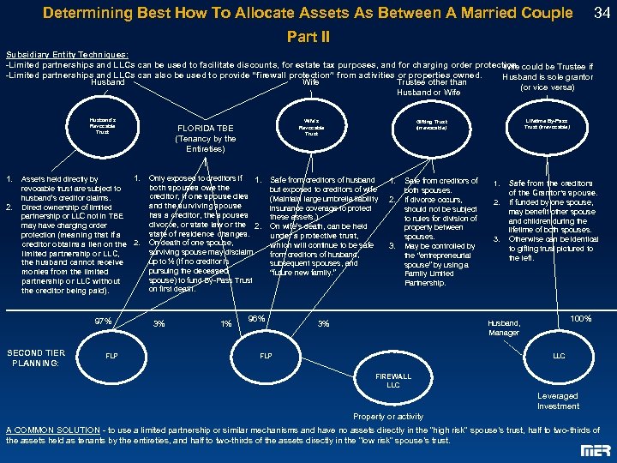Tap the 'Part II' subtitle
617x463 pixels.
click(x=308, y=38)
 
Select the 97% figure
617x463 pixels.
click(x=103, y=322)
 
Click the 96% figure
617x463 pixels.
click(x=255, y=319)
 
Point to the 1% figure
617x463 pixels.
click(x=226, y=324)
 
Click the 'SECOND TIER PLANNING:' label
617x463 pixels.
click(x=36, y=357)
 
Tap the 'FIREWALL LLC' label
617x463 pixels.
click(x=393, y=381)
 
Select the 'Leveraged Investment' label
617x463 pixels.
click(x=558, y=401)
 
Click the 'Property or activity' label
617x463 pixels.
click(x=388, y=417)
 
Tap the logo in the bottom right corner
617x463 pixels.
click(x=590, y=450)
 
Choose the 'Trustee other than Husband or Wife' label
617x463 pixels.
click(x=428, y=87)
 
